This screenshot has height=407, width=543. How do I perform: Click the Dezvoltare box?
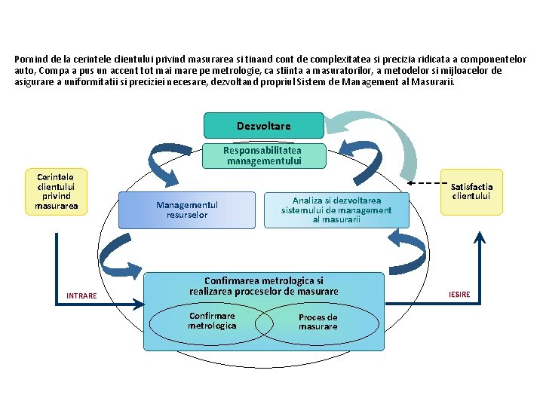point(263,126)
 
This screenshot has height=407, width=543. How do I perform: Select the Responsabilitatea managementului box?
point(263,155)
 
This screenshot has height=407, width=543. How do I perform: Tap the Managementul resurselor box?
point(186,210)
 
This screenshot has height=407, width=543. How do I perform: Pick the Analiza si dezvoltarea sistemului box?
point(336,210)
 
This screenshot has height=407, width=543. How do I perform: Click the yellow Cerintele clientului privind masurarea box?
point(56,191)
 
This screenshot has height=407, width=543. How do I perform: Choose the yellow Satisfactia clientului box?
point(471,191)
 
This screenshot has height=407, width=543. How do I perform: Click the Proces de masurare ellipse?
point(318,322)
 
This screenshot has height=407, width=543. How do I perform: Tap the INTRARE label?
point(81,295)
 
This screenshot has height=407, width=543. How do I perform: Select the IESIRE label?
point(459,294)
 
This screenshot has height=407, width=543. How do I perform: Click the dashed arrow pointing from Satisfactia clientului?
point(425,182)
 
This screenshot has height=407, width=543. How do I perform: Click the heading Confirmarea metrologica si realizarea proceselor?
point(263,286)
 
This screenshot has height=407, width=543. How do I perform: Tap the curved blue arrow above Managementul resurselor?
point(165,162)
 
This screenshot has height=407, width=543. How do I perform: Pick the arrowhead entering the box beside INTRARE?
point(140,304)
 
